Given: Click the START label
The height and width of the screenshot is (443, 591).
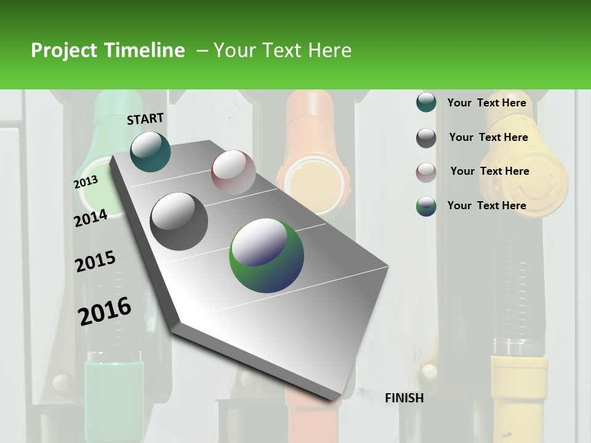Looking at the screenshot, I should (145, 119).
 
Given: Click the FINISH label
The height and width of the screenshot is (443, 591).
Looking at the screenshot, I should (404, 398).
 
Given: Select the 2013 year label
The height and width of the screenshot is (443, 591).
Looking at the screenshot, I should (86, 182).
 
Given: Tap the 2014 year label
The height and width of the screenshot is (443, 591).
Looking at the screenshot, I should (90, 218).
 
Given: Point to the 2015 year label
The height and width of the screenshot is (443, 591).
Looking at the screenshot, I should (95, 261).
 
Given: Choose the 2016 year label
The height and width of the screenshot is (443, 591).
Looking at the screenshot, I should (105, 311).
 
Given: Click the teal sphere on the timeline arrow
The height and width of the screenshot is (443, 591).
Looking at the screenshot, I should (150, 151).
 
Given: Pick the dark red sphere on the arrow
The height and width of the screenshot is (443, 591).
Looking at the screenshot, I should (233, 172).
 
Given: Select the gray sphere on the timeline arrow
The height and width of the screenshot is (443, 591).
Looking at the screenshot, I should (179, 221).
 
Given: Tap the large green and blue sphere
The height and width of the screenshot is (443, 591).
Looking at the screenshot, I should (267, 255).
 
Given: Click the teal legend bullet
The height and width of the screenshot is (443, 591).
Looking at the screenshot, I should (426, 103).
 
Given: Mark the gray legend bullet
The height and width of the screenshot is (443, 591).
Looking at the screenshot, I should (426, 138).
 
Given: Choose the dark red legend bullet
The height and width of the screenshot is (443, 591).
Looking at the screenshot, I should (426, 172).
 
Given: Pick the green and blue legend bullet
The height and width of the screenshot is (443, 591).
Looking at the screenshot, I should (426, 206).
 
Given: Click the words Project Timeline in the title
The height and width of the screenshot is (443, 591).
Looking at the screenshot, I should (108, 50).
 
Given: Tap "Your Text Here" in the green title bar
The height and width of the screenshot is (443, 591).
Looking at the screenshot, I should (282, 50).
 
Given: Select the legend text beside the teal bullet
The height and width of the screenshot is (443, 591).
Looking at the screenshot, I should (486, 103).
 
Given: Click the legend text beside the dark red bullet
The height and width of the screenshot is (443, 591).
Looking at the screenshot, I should (489, 171).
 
